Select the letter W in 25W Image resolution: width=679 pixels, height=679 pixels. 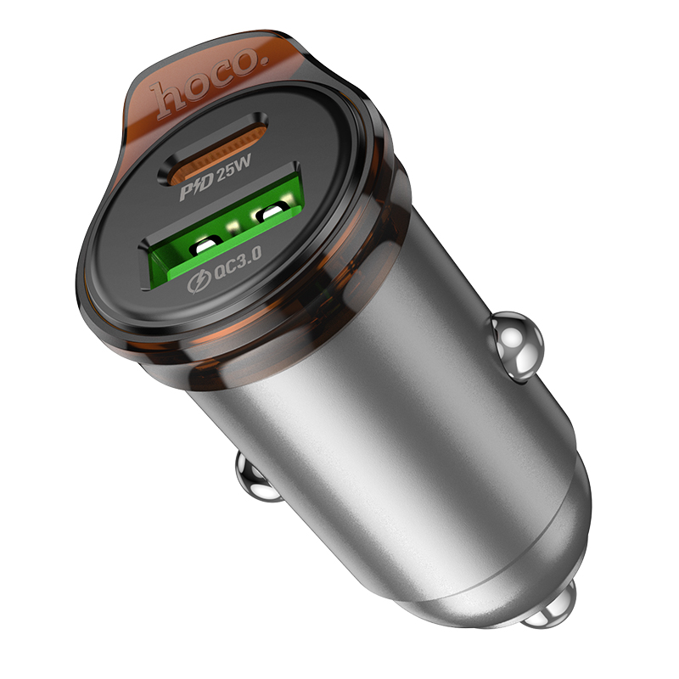[x=248, y=172]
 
